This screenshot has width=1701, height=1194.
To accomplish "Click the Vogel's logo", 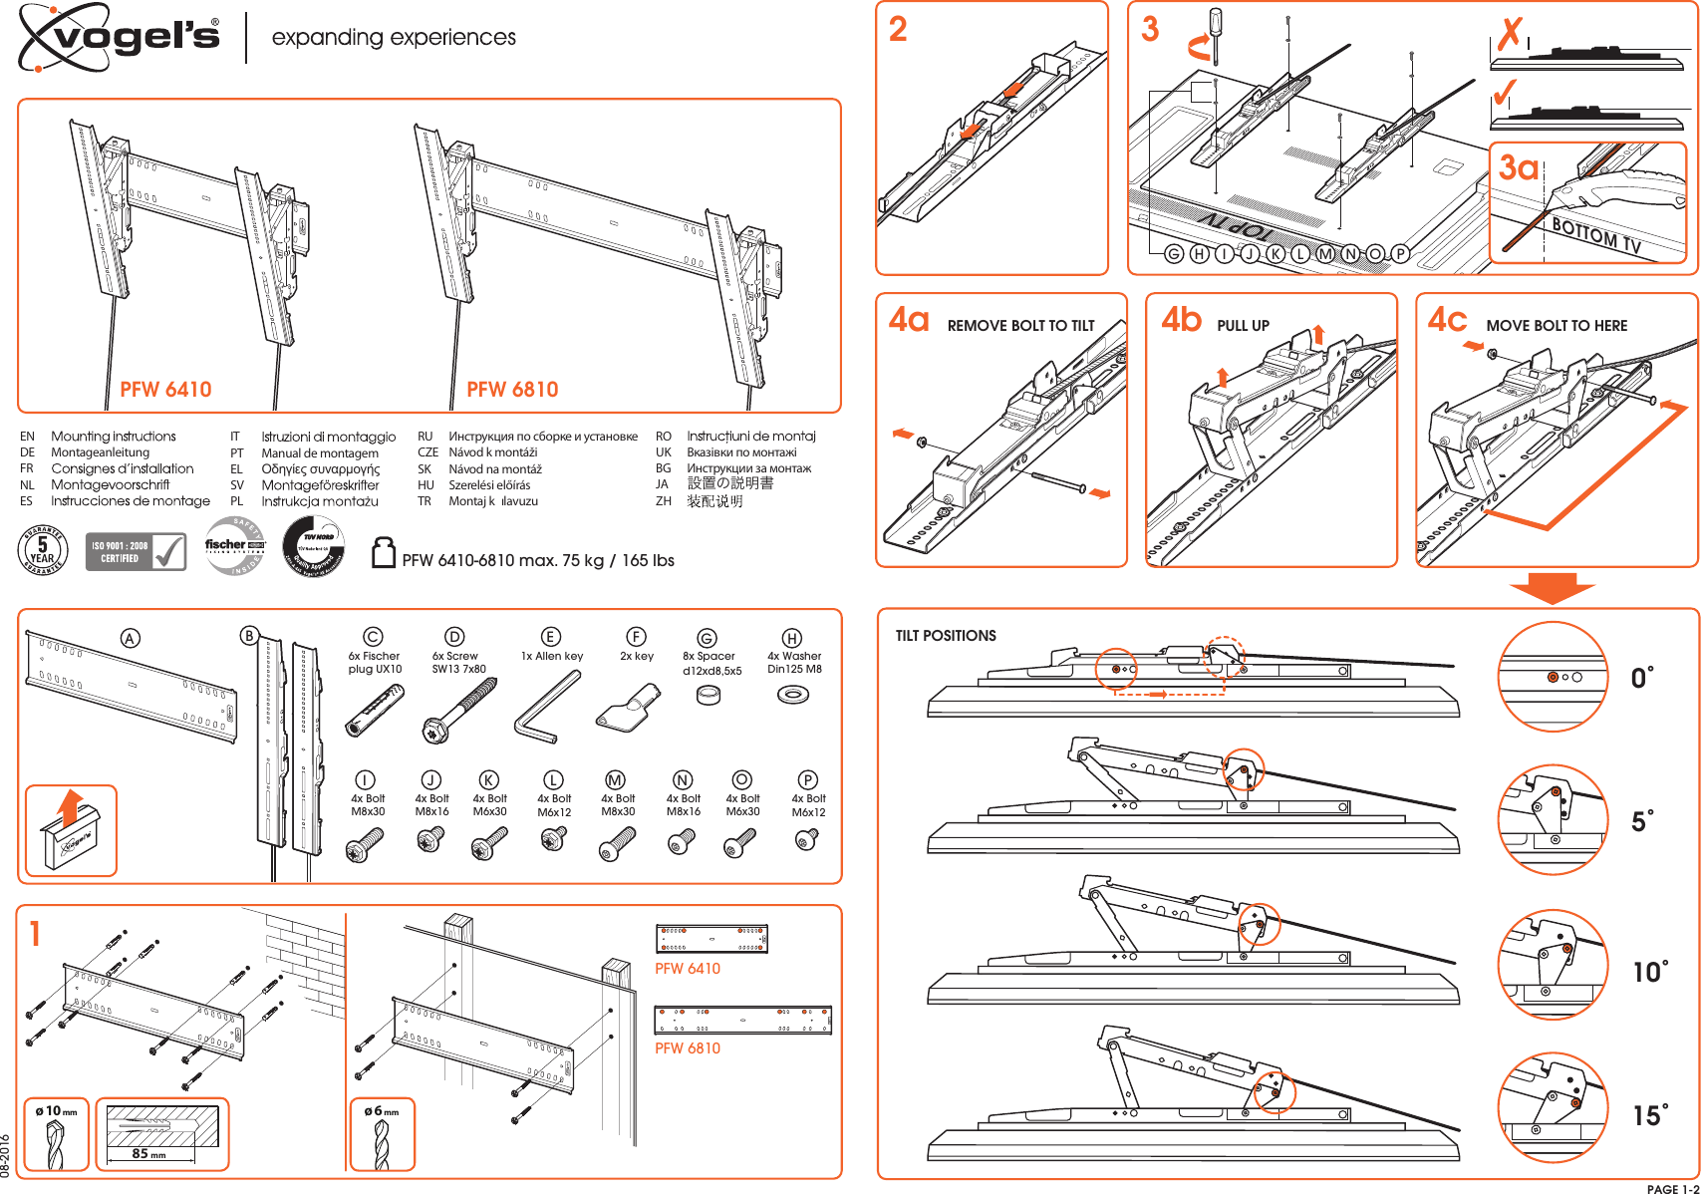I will coord(120,37).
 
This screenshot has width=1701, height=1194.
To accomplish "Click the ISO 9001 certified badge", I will coord(136,551).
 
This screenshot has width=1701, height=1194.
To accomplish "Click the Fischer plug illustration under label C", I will coord(374,711).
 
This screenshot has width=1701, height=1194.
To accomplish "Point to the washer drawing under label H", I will coord(792,694).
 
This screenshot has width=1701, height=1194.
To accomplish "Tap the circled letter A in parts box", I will coord(130,639).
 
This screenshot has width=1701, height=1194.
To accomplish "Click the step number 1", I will coord(36,935).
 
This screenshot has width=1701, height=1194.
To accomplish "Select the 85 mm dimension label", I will coord(149,1153).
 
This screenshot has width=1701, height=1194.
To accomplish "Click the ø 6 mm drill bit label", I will coord(382,1111).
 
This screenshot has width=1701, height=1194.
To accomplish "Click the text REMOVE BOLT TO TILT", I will coord(1020,326).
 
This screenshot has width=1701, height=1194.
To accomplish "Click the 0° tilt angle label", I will coord(1642,679).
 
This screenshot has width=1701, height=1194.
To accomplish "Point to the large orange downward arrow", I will coord(1552,588).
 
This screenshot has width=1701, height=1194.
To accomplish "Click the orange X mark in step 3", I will coord(1511,35).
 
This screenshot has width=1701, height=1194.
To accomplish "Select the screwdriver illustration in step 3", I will coord(1216,36).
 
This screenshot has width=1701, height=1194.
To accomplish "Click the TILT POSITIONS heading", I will coord(946,636).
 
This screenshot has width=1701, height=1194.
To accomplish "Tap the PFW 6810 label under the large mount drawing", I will coord(512,390).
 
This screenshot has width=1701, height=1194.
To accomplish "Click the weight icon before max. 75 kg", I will coord(384,553).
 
